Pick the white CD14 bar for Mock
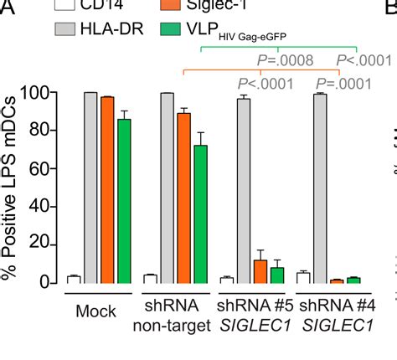pyautogui.click(x=74, y=279)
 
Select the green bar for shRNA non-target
pyautogui.click(x=200, y=213)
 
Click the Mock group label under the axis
pyautogui.click(x=95, y=311)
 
